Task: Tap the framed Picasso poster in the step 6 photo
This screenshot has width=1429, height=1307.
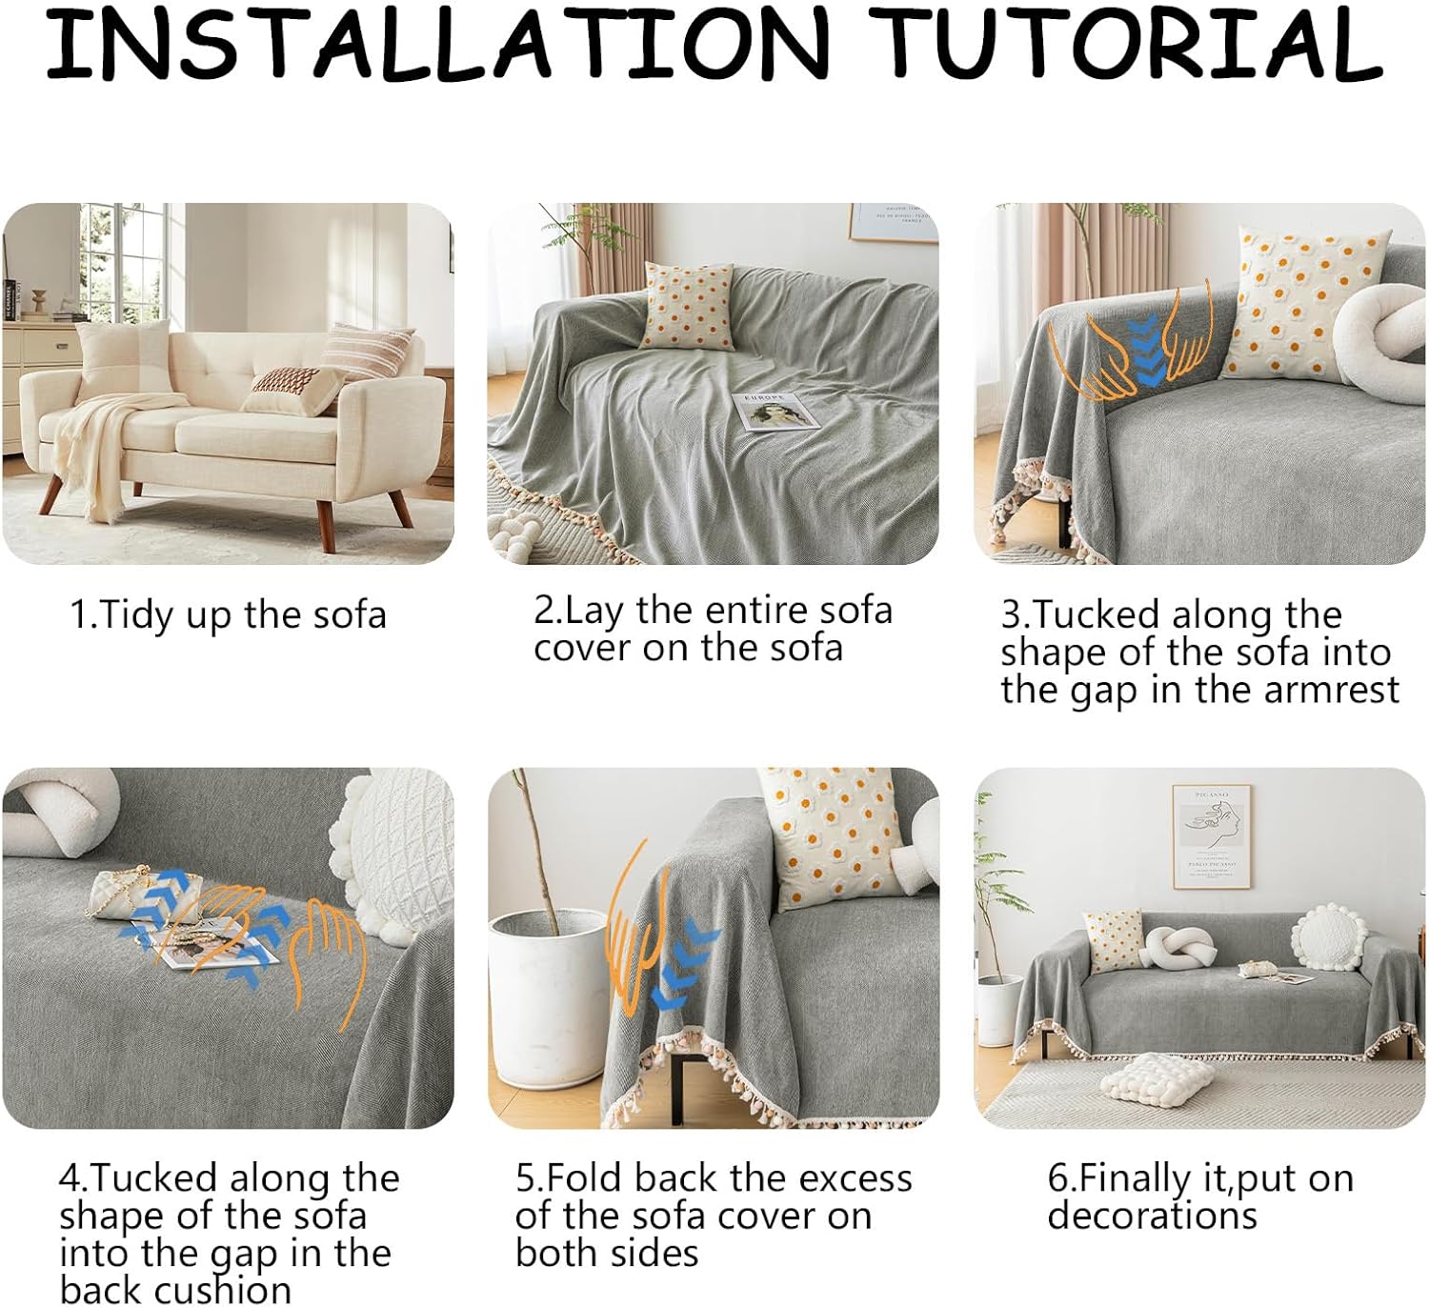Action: click(x=1210, y=836)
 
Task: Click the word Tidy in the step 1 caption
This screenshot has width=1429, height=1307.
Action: click(x=131, y=614)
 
